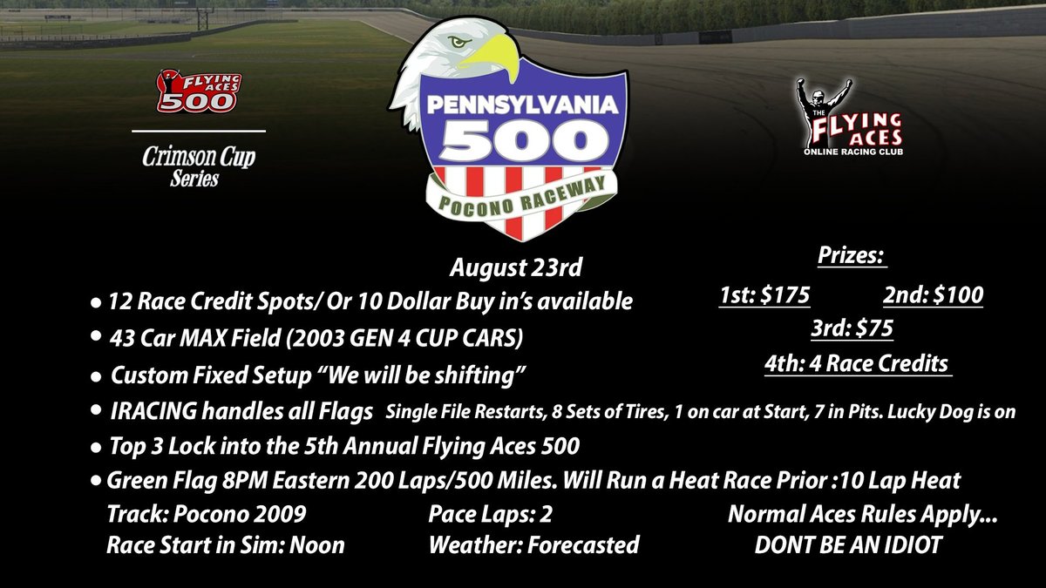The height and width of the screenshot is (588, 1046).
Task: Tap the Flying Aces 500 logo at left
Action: (197, 92)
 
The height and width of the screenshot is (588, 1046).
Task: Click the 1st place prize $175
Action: (762, 296)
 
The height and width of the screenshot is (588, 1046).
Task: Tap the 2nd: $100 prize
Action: (933, 296)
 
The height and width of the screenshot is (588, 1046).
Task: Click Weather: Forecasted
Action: (533, 546)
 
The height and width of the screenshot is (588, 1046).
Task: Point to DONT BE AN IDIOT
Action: (847, 546)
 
